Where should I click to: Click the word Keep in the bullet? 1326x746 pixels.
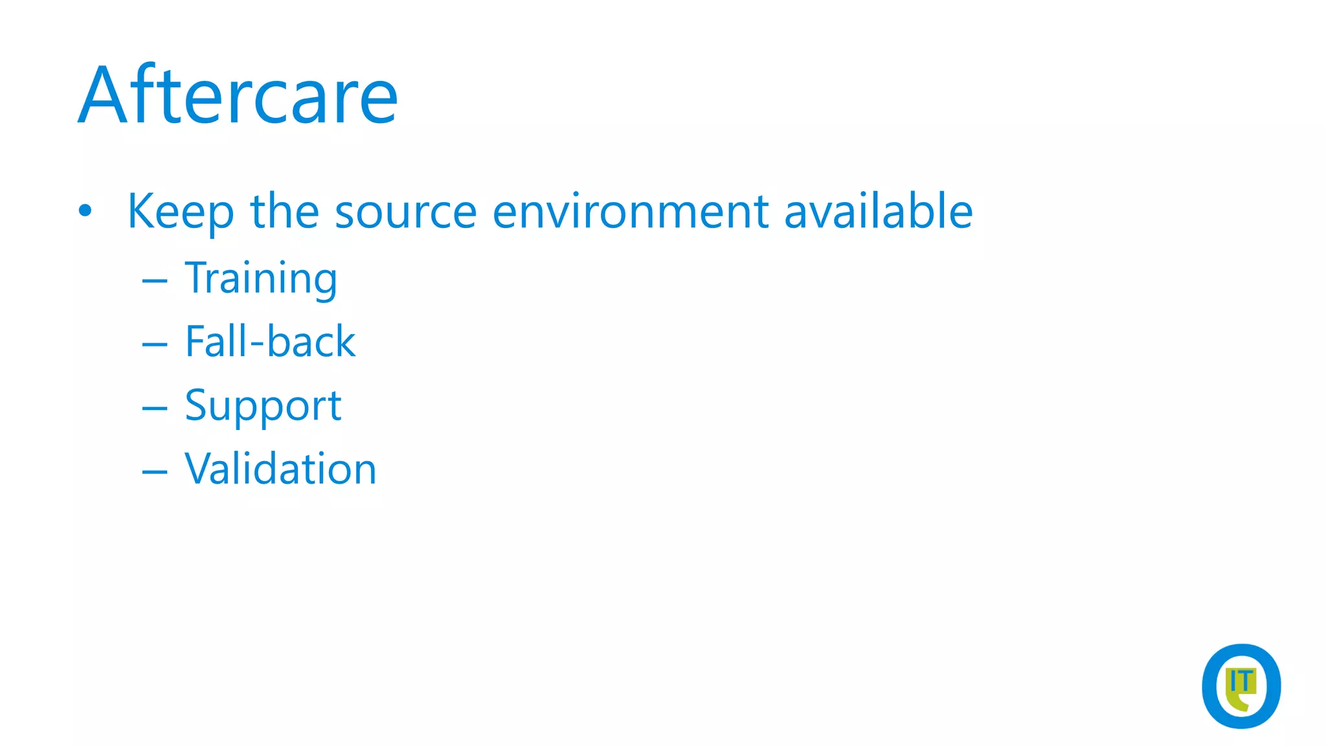click(x=180, y=211)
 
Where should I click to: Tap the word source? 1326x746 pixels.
click(x=405, y=211)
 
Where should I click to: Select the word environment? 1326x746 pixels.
click(x=630, y=211)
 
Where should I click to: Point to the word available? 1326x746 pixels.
click(x=878, y=211)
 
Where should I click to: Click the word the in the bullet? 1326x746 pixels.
click(x=284, y=211)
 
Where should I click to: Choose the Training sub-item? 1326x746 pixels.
click(x=260, y=278)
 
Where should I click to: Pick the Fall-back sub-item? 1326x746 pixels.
click(x=269, y=341)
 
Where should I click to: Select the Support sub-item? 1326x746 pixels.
click(x=262, y=406)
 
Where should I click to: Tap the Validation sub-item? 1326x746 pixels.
click(x=280, y=468)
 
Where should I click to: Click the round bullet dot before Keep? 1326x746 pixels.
click(x=85, y=211)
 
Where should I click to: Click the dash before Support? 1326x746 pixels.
click(x=155, y=408)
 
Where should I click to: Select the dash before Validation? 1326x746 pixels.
click(x=155, y=471)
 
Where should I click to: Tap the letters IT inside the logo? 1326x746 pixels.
click(x=1241, y=682)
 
